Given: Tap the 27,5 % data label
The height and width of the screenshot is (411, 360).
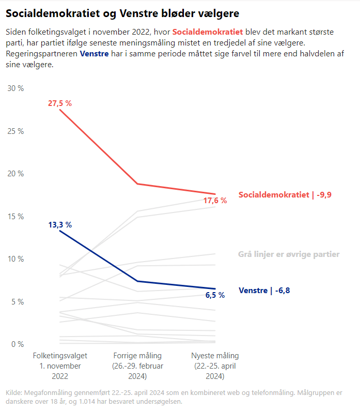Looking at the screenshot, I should (60, 103).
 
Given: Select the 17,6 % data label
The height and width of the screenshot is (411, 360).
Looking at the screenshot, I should (215, 201).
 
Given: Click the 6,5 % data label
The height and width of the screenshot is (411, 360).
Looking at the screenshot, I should (215, 295).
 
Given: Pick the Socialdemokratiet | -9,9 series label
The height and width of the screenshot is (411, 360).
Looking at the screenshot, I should (285, 195).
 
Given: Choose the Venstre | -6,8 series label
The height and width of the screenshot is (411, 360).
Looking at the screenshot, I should (264, 291).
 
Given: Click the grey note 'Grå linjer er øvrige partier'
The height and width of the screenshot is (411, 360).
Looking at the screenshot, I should (289, 254).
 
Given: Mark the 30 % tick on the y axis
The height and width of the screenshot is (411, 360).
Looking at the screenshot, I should (15, 88).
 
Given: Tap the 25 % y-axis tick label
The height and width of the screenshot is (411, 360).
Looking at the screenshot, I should (15, 131).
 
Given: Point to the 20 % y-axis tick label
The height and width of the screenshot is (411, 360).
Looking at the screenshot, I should (15, 174).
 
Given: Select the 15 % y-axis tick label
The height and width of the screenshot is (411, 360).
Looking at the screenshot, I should (15, 217).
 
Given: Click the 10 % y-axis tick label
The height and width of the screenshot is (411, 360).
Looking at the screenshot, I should (15, 259).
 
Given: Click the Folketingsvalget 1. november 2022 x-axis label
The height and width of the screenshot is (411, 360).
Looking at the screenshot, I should (60, 366).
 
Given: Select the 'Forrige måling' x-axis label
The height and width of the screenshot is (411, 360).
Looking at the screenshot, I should (137, 366).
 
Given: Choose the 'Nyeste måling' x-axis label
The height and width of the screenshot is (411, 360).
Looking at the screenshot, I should (215, 366).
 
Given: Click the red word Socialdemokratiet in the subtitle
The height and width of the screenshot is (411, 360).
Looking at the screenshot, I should (207, 32).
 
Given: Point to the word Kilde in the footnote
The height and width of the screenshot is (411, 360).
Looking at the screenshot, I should (13, 393).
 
